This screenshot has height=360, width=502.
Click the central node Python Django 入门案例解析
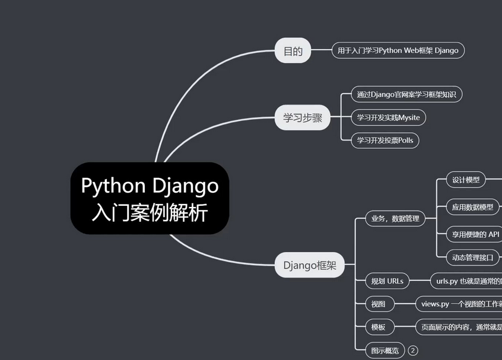pos(150,198)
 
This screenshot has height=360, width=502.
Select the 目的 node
pos(293,51)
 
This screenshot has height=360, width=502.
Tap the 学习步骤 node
pos(303,117)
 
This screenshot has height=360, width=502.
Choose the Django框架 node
pos(310,265)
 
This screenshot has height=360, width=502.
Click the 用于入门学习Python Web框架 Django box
pos(398,50)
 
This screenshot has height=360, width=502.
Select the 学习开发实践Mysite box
pos(388,117)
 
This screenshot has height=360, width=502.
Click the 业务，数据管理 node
pos(395,219)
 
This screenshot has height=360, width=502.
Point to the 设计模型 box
pos(466,180)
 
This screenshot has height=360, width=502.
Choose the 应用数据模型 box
pos(472,207)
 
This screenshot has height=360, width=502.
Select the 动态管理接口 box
pos(473,257)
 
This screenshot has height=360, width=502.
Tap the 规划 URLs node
pos(387,281)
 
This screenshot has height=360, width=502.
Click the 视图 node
pos(379,304)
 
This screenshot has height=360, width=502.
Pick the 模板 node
pos(379,327)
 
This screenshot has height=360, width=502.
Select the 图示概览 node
pos(385,351)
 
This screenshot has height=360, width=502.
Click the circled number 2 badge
pos(413,351)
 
